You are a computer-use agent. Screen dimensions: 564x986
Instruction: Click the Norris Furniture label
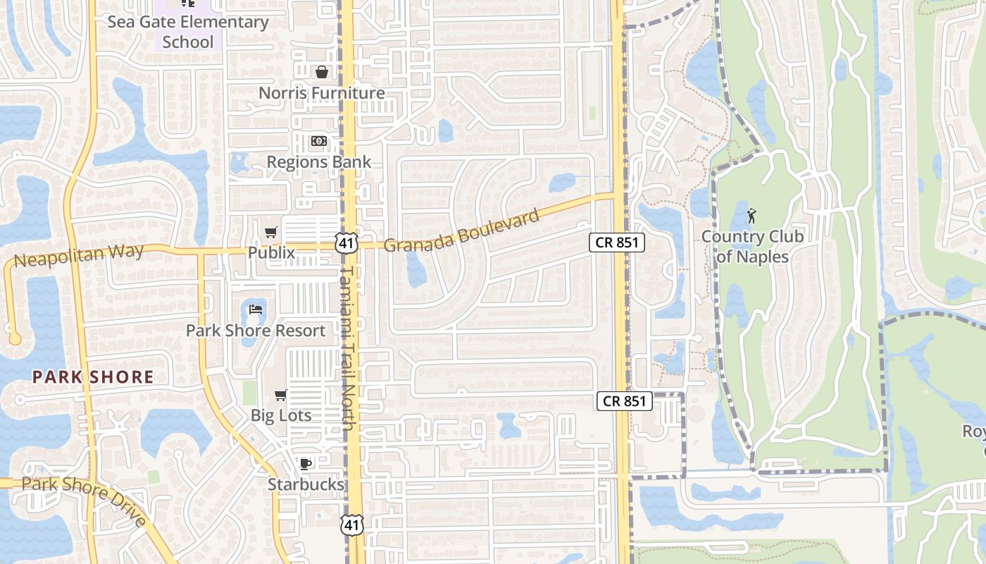coord(321,93)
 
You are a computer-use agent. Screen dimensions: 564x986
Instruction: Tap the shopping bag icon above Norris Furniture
coord(322,72)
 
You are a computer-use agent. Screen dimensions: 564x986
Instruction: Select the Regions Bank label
coord(318,162)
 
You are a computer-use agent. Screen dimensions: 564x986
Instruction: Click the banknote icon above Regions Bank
coord(319,141)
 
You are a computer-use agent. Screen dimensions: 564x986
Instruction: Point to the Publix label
coord(271,252)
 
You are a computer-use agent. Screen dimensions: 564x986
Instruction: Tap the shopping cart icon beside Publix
coord(271,232)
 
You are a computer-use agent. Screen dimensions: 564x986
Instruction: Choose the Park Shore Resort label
coord(256,331)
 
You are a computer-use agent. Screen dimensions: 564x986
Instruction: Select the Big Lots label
coord(281,415)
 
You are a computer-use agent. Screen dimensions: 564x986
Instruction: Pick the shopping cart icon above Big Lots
coord(281,395)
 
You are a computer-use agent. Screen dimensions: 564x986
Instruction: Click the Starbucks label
coord(306,484)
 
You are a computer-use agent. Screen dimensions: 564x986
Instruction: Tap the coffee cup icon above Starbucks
coord(306,464)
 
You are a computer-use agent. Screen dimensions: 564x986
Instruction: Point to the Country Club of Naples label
coord(752,247)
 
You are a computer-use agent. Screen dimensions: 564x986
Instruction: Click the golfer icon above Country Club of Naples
coord(752,214)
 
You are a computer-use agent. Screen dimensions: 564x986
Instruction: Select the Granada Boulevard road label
coord(462,231)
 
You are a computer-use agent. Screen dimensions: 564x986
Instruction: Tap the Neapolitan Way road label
coord(79,255)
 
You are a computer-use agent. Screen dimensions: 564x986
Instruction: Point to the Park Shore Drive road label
coord(85,501)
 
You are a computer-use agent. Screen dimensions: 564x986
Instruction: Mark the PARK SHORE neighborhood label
coord(92,377)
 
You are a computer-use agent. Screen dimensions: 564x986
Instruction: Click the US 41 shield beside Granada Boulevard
coord(347,243)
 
